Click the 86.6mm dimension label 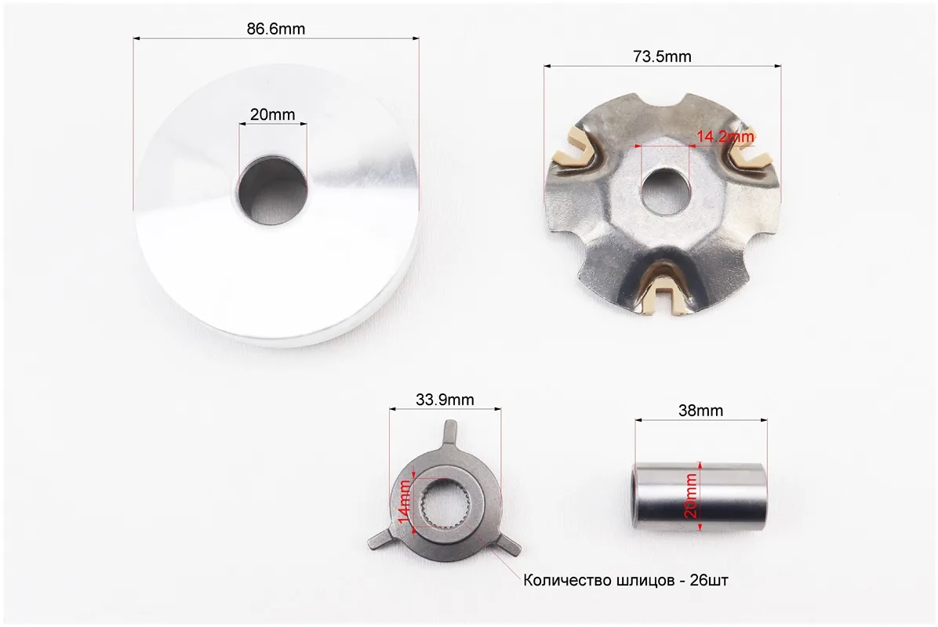(x=276, y=29)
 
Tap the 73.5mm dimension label (x=662, y=56)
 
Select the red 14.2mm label (x=725, y=136)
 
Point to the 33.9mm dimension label (x=445, y=399)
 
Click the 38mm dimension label (x=700, y=411)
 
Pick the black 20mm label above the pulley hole (x=272, y=114)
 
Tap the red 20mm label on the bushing (x=691, y=495)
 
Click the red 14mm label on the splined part (x=405, y=501)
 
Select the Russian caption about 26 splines (x=626, y=581)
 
